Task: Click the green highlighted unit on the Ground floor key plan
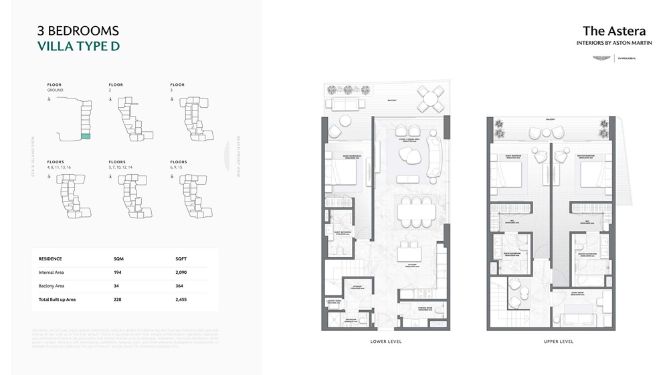pyautogui.click(x=85, y=136)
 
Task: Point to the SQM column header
pyautogui.click(x=119, y=258)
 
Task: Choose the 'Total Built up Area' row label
pyautogui.click(x=58, y=299)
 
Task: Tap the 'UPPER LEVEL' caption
pyautogui.click(x=559, y=342)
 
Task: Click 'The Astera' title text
pyautogui.click(x=614, y=30)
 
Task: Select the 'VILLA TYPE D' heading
pyautogui.click(x=78, y=46)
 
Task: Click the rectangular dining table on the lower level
pyautogui.click(x=415, y=212)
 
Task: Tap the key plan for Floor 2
pyautogui.click(x=130, y=118)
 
